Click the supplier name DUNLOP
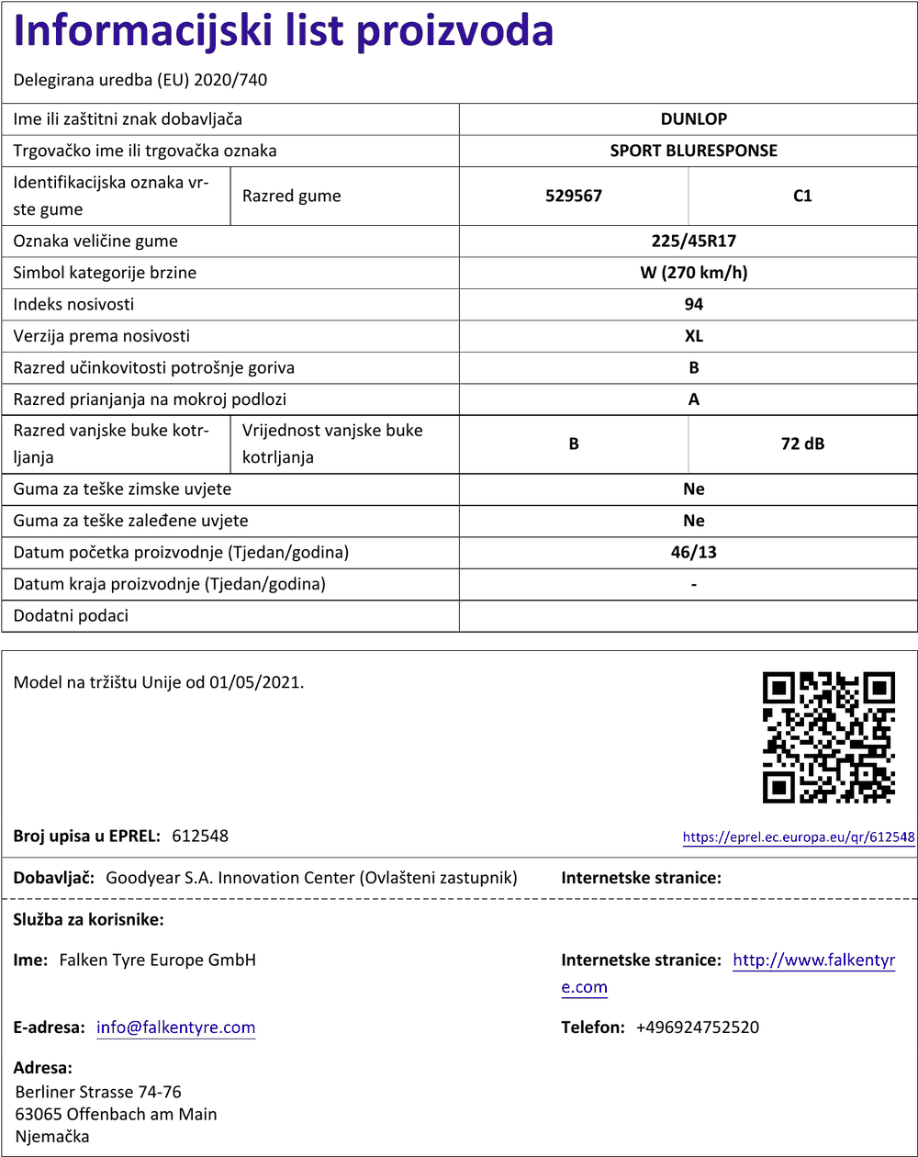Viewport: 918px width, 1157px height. click(693, 118)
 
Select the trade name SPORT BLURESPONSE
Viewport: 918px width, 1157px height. click(693, 151)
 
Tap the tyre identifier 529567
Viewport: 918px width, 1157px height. click(573, 196)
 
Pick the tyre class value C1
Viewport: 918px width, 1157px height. click(802, 196)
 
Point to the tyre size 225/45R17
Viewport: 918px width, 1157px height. click(693, 242)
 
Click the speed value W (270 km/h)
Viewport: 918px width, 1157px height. click(693, 273)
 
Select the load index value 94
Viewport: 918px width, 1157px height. click(693, 304)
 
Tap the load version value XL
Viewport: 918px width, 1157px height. click(693, 336)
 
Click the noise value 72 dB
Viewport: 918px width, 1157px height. click(802, 444)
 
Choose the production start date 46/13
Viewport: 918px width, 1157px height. click(693, 553)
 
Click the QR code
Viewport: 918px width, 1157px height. click(828, 736)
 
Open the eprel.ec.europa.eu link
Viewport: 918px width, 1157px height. click(799, 837)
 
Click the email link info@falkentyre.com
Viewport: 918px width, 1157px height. click(176, 1028)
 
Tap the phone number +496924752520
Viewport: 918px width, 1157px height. click(697, 1028)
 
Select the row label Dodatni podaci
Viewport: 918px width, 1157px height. click(71, 616)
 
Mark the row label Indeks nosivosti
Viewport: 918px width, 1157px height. click(73, 304)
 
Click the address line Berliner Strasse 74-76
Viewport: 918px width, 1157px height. click(98, 1092)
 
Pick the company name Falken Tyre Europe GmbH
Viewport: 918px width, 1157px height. click(157, 960)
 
